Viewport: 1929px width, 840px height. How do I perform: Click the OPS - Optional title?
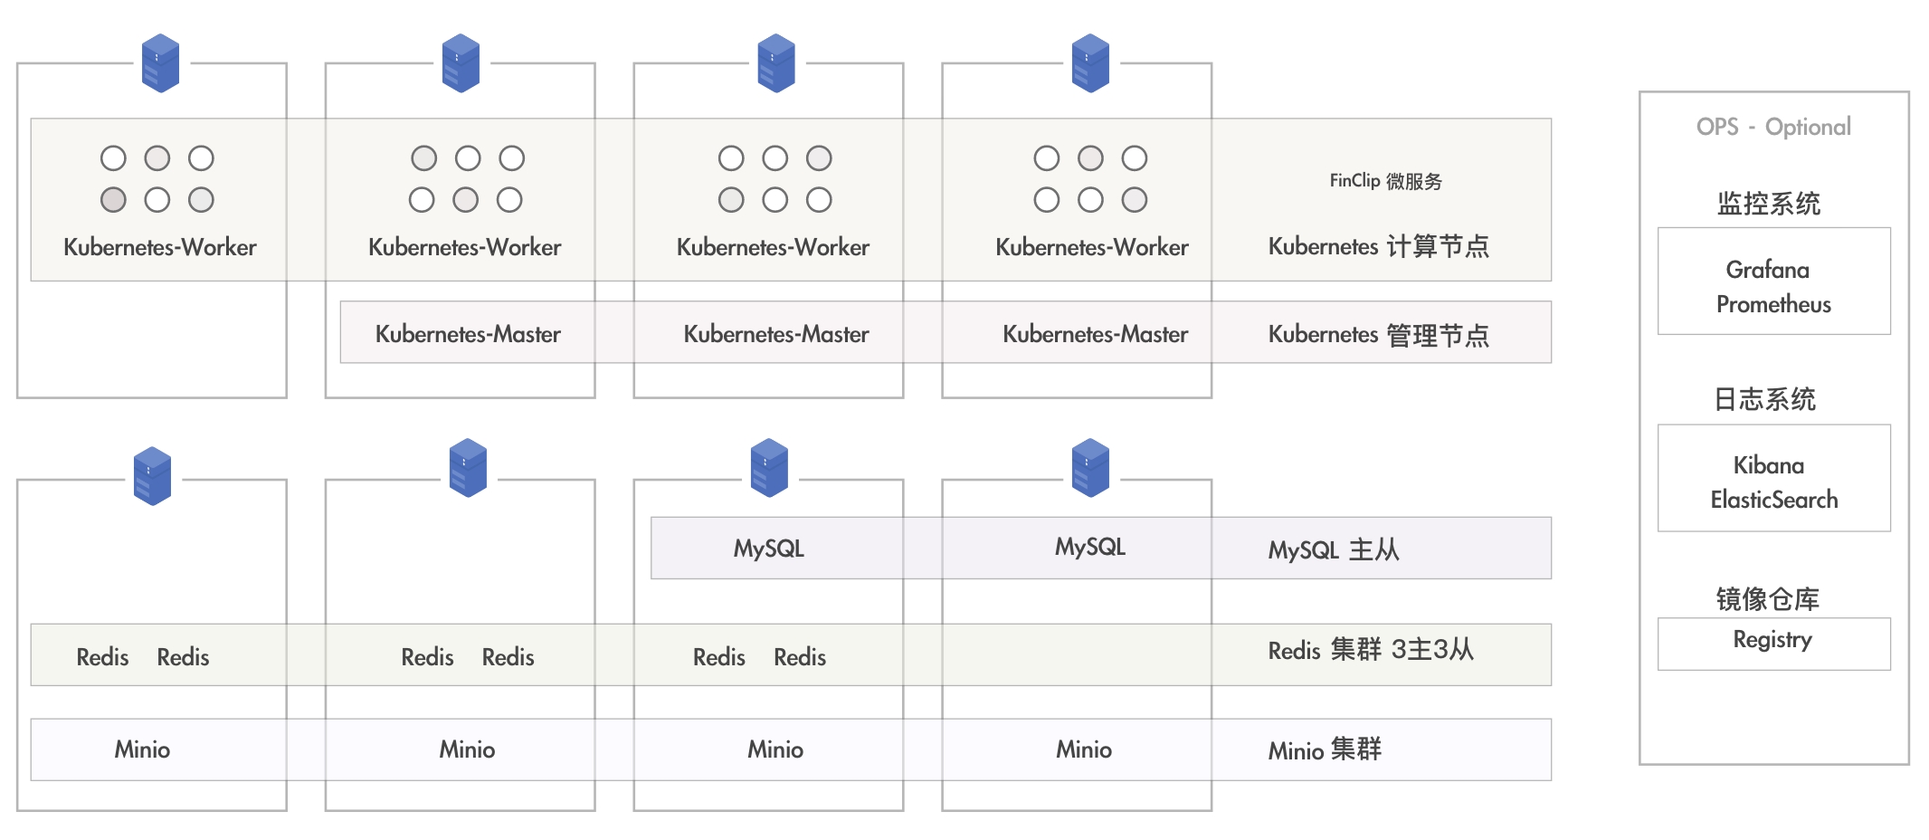click(x=1773, y=127)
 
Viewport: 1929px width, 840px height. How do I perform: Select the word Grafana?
click(x=1767, y=270)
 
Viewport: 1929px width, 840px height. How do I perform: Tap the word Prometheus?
click(x=1773, y=304)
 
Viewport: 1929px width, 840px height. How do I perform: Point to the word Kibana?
click(x=1768, y=465)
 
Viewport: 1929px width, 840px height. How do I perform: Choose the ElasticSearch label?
click(x=1773, y=500)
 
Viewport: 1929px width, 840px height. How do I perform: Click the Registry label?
click(x=1772, y=640)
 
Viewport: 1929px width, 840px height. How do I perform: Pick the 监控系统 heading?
click(x=1769, y=204)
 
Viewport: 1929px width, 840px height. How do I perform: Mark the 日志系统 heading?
click(x=1764, y=399)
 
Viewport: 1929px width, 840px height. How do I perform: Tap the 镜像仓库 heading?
click(x=1767, y=599)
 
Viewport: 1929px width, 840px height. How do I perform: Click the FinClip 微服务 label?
click(x=1385, y=181)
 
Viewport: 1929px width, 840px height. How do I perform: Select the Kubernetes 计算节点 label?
click(x=1378, y=246)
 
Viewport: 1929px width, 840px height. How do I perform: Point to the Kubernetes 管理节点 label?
click(x=1378, y=335)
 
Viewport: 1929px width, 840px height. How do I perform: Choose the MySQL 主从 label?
click(x=1333, y=549)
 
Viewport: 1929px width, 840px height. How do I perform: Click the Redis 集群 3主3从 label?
click(x=1371, y=650)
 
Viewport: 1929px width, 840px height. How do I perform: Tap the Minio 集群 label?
click(x=1325, y=750)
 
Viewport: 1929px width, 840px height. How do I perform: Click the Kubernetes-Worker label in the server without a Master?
click(x=160, y=247)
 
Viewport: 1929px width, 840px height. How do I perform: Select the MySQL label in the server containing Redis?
click(x=769, y=549)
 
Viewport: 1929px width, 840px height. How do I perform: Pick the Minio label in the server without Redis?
click(x=1084, y=749)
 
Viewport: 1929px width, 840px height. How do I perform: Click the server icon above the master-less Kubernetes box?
click(x=161, y=63)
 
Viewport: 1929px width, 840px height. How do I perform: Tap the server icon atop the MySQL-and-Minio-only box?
click(x=1090, y=468)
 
